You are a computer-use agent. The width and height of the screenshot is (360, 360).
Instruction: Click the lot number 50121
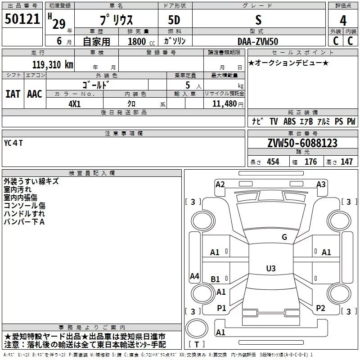click(x=22, y=20)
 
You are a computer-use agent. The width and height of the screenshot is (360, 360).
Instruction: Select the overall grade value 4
click(x=343, y=20)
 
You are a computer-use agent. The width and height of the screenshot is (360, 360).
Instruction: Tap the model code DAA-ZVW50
click(x=258, y=40)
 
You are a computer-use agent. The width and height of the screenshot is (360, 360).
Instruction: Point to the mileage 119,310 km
click(x=53, y=64)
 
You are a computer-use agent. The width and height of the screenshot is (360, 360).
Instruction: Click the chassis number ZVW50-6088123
click(x=302, y=144)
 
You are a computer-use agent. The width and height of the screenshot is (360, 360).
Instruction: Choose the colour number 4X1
click(x=75, y=103)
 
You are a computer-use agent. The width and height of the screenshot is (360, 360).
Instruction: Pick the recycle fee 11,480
click(x=224, y=103)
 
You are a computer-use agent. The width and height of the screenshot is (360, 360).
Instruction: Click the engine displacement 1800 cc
click(x=140, y=41)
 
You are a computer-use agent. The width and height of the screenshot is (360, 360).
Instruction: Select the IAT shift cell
click(x=13, y=94)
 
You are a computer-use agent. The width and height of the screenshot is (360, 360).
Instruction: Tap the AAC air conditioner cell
click(x=35, y=94)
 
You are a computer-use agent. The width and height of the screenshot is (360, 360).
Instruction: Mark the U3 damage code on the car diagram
click(x=270, y=269)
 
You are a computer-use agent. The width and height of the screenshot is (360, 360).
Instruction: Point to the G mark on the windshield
click(x=284, y=237)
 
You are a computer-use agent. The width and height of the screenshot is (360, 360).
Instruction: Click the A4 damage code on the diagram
click(x=194, y=276)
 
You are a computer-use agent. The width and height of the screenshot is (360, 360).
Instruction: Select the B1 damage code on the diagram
click(x=216, y=279)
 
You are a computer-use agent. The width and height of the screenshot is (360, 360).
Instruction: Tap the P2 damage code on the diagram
click(x=320, y=308)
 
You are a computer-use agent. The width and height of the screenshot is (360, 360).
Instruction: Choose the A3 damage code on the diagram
click(x=321, y=184)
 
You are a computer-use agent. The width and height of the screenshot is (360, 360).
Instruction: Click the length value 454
click(x=273, y=162)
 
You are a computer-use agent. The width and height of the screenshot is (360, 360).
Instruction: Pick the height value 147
click(x=346, y=162)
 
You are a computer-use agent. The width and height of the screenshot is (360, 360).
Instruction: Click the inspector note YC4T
click(x=13, y=144)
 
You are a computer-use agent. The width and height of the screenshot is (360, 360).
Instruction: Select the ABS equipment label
click(x=290, y=121)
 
